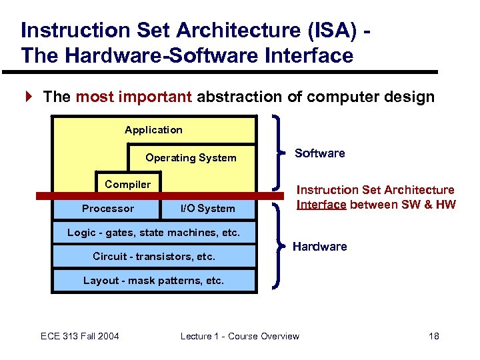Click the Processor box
pos(107,209)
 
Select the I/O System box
pos(208,209)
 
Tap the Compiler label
pos(128,184)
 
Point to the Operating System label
pos(191,158)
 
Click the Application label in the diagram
pos(153,130)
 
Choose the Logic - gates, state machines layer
pos(153,233)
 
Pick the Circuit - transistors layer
pos(154,257)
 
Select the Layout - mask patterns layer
pos(153,281)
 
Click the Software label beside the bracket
pos(320,153)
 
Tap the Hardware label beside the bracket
pos(320,247)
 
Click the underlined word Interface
pos(321,205)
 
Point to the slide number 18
pos(433,336)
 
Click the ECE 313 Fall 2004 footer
pos(80,336)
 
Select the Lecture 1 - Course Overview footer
pos(240,336)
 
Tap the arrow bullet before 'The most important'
pos(28,97)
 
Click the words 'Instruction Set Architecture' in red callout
pos(375,191)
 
